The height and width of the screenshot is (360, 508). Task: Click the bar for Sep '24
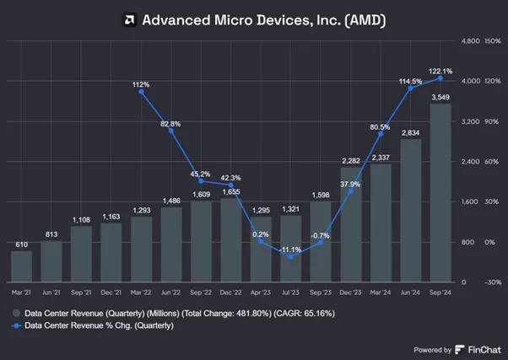(440, 192)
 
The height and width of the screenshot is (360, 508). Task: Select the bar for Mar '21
(21, 266)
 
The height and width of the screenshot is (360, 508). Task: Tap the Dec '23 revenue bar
(351, 224)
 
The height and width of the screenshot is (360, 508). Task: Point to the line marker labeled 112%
(141, 92)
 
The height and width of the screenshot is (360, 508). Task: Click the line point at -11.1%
(290, 257)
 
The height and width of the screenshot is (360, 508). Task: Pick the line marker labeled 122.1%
(440, 78)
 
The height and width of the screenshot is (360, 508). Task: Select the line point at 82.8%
(171, 131)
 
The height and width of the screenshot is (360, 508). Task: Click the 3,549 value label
(440, 97)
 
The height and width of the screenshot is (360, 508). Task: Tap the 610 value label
(21, 244)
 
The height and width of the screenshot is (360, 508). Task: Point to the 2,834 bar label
(410, 132)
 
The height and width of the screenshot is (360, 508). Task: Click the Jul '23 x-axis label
(290, 293)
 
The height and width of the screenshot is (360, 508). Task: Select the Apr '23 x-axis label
(261, 293)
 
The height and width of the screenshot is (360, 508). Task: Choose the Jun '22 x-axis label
(170, 293)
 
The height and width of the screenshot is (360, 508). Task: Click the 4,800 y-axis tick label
(470, 41)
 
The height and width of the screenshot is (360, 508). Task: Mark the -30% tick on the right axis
(493, 282)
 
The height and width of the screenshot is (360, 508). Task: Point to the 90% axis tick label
(491, 121)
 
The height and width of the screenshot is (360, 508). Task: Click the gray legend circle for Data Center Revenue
(17, 313)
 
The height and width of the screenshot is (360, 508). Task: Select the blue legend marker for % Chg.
(17, 325)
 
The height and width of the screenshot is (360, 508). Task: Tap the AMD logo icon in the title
(129, 19)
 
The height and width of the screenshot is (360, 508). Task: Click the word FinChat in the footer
(484, 350)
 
